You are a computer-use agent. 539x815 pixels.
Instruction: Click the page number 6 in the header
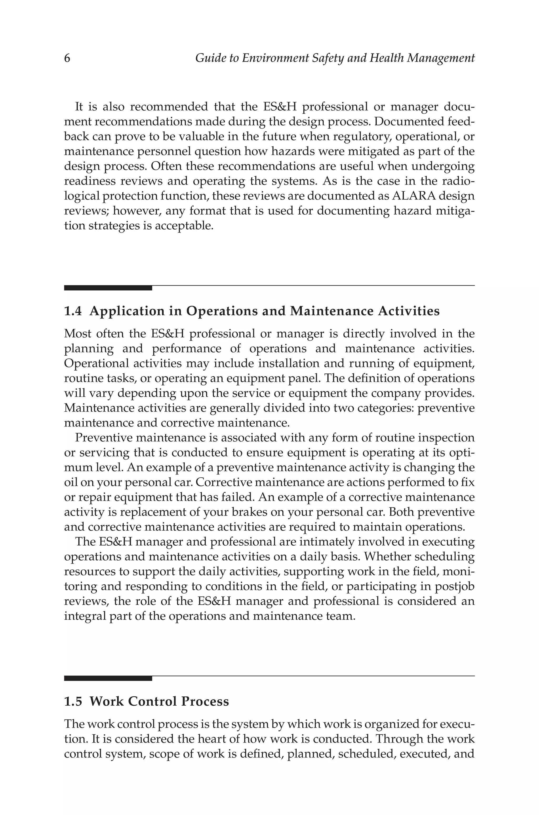tap(67, 58)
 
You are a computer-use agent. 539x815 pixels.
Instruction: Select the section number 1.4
tap(73, 311)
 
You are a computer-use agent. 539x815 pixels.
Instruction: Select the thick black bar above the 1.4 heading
tap(108, 288)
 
